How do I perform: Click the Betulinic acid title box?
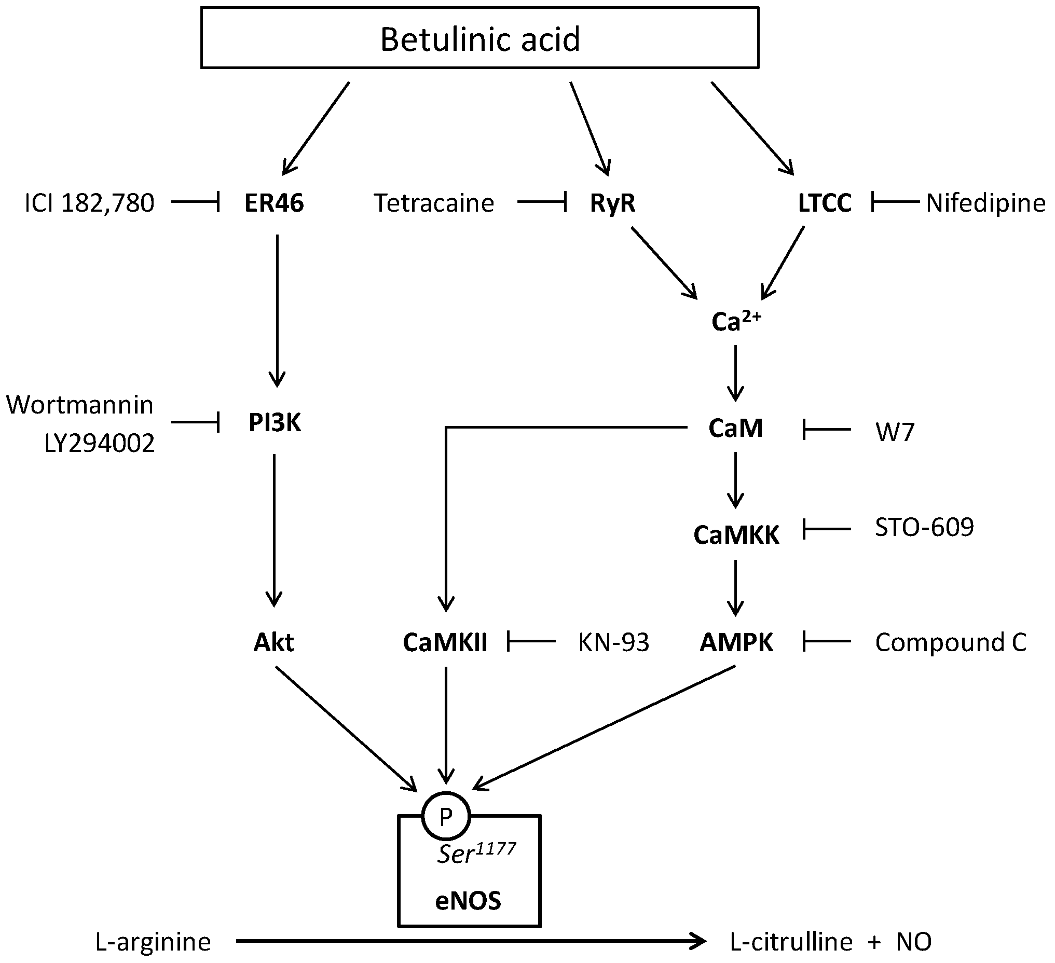point(479,38)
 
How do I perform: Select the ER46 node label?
point(273,203)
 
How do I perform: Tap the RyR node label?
point(612,203)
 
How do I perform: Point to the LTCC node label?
point(825,203)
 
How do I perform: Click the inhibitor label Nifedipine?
point(985,203)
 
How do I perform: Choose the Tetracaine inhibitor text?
point(434,203)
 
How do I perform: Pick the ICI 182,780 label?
point(89,203)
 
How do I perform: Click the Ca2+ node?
point(735,321)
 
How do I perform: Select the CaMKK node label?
point(736,535)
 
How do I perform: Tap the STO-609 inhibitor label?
point(924,528)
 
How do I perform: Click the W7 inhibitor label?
point(895,432)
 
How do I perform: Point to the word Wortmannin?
point(79,405)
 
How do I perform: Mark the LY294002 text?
point(100,444)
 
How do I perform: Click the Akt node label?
point(273,642)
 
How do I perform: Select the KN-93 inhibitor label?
point(613,642)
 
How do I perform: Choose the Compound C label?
point(950,642)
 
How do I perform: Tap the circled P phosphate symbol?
point(446,816)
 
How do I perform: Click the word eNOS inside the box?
point(468,900)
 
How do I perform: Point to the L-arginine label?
point(153,942)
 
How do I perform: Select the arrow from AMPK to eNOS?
point(605,727)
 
